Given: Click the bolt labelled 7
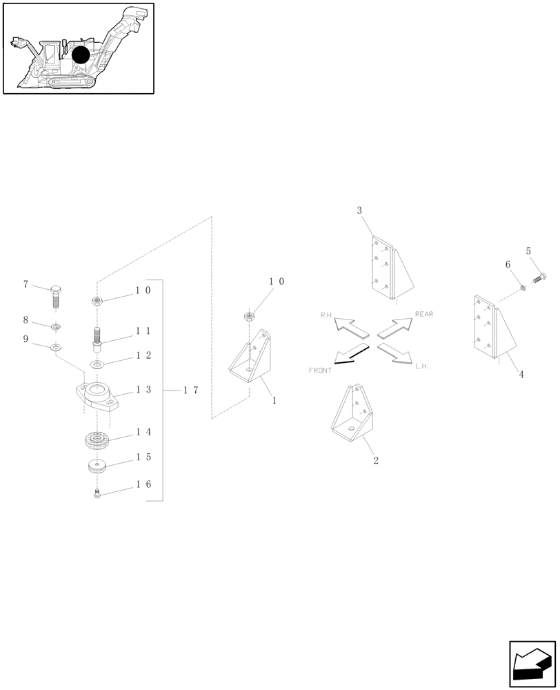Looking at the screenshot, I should click(x=57, y=295).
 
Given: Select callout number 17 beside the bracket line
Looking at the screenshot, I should click(x=190, y=391).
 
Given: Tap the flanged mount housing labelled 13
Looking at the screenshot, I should click(x=97, y=398).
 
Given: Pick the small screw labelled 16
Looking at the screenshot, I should click(x=97, y=493).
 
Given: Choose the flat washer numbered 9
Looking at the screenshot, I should click(x=55, y=345).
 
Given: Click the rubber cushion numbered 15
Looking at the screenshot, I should click(x=98, y=466).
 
